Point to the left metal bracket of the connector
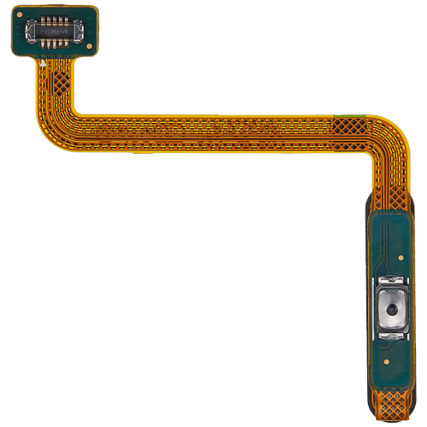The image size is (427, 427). pos(29,32)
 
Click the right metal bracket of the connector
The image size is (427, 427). pos(82,33)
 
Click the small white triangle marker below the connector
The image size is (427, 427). pos(42,62)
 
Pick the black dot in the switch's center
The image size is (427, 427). pos(392,308)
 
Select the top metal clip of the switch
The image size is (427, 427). pos(392,280)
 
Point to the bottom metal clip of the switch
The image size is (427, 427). pos(392,336)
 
